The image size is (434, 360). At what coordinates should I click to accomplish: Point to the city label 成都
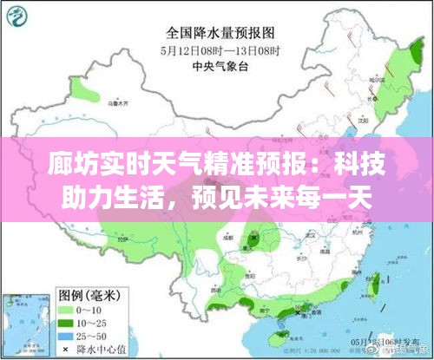point(228,235)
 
